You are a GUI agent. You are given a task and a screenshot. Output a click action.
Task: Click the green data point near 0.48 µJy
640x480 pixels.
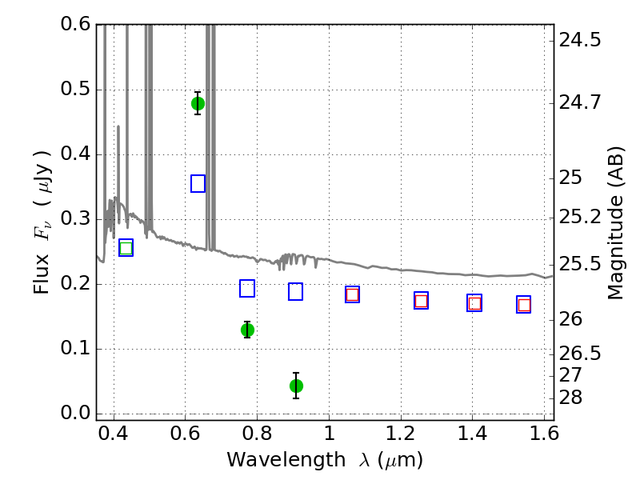[x=198, y=104]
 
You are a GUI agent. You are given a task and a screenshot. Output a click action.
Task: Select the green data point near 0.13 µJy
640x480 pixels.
[x=247, y=330]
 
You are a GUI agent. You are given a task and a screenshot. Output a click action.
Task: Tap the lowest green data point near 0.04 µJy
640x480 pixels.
[x=296, y=386]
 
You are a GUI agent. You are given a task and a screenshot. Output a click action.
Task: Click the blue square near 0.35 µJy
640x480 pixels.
[x=198, y=184]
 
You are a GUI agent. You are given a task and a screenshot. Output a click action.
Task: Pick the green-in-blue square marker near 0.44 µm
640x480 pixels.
[x=126, y=248]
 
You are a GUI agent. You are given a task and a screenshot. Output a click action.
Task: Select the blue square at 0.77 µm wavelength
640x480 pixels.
[x=247, y=288]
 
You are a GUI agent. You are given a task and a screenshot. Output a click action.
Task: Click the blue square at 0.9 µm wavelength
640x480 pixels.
[x=295, y=291]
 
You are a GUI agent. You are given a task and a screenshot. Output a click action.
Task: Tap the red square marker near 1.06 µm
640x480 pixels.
[x=352, y=294]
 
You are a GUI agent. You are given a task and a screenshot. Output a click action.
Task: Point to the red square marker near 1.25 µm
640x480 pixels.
[x=422, y=301]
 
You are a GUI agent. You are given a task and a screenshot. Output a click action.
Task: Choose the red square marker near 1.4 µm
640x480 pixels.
[x=474, y=303]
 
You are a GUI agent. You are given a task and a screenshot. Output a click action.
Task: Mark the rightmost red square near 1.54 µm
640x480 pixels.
[x=524, y=305]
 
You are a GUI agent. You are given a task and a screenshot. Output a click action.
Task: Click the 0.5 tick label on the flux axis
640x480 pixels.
[x=75, y=90]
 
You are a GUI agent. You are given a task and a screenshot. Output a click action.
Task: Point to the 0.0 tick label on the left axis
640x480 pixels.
[x=75, y=413]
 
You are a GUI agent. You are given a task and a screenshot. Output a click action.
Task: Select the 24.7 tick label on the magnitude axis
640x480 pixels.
[x=580, y=102]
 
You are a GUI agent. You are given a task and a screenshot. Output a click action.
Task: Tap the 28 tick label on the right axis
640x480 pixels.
[x=570, y=398]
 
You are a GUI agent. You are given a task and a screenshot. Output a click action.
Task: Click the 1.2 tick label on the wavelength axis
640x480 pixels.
[x=401, y=434]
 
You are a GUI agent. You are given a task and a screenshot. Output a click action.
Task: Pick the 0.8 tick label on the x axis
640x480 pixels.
[x=257, y=434]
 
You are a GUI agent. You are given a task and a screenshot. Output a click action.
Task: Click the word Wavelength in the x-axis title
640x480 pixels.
[x=286, y=460]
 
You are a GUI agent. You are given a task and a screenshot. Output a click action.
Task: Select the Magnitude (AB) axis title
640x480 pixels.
[x=615, y=223]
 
